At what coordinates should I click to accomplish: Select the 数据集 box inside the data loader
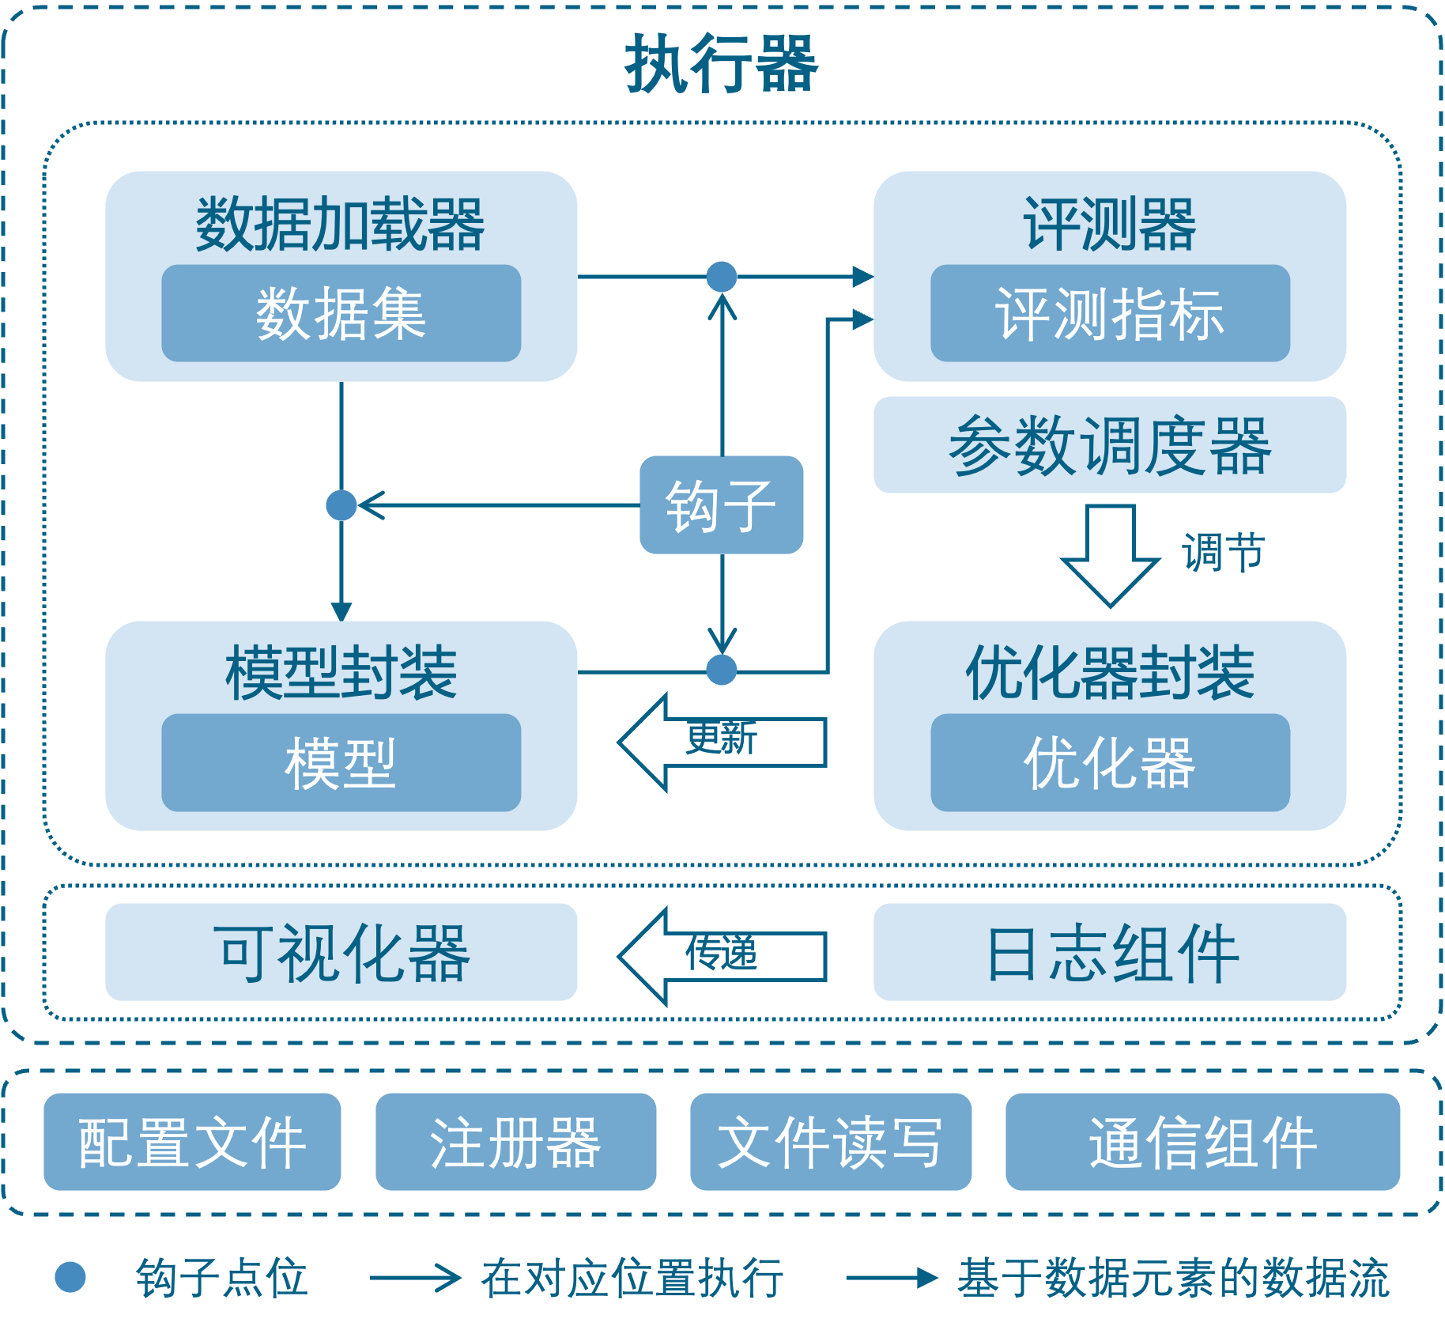[x=341, y=313]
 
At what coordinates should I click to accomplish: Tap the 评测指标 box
[x=1110, y=313]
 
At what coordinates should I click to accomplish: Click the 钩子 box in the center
[x=722, y=504]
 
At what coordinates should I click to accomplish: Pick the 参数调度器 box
[x=1110, y=444]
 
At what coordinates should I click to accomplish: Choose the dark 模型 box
[x=341, y=762]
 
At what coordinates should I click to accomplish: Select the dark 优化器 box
[x=1110, y=762]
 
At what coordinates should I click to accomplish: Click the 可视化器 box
[x=341, y=952]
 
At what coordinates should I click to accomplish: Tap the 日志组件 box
[x=1110, y=952]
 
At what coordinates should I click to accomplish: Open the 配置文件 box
[x=192, y=1142]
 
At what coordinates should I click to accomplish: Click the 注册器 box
[x=516, y=1142]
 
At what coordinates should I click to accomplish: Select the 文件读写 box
[x=831, y=1142]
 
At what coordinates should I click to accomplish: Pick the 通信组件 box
[x=1202, y=1142]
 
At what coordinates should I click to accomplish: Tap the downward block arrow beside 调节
[x=1110, y=555]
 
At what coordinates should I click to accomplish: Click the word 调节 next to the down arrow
[x=1224, y=552]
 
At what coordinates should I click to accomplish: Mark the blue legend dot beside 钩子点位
[x=70, y=1277]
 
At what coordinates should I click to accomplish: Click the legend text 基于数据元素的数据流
[x=1173, y=1278]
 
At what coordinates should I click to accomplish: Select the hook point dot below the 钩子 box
[x=722, y=670]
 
